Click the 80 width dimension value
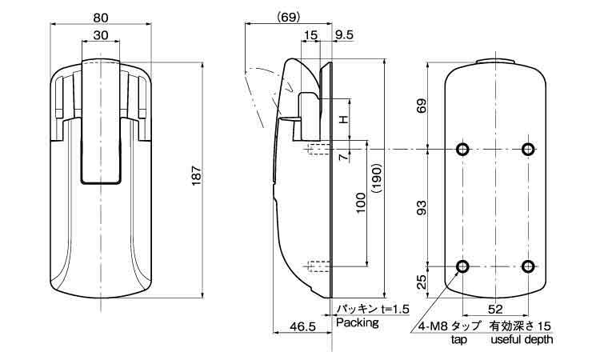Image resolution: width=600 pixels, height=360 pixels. coord(101,18)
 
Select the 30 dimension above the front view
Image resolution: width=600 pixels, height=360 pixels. coord(101,35)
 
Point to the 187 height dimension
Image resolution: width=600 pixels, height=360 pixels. coord(196,176)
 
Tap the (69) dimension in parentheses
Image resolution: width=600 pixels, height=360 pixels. coord(288,18)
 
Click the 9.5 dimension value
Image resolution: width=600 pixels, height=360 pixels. coord(344,35)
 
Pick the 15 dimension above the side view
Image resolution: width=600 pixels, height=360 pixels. coord(310,35)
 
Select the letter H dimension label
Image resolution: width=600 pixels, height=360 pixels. coord(344,119)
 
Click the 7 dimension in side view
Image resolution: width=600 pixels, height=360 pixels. coord(344,156)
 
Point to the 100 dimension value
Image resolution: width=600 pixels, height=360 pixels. coord(361,202)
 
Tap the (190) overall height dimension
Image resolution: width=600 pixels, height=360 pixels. coord(376,180)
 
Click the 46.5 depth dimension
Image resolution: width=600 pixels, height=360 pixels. coord(302,326)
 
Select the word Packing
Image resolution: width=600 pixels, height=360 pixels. coord(358,323)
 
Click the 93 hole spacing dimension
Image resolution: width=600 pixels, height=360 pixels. coord(422,207)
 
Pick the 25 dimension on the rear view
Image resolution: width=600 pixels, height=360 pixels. coord(422,282)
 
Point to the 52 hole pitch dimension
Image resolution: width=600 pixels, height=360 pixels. coord(495,309)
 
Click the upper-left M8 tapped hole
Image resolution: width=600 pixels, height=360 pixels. coord(462,149)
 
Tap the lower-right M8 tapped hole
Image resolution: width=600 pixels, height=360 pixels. coord(528,266)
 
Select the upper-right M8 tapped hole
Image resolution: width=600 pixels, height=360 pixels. coord(528,149)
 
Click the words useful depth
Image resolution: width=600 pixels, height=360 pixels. coord(522,340)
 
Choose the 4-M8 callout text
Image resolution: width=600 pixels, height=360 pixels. coord(433,326)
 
